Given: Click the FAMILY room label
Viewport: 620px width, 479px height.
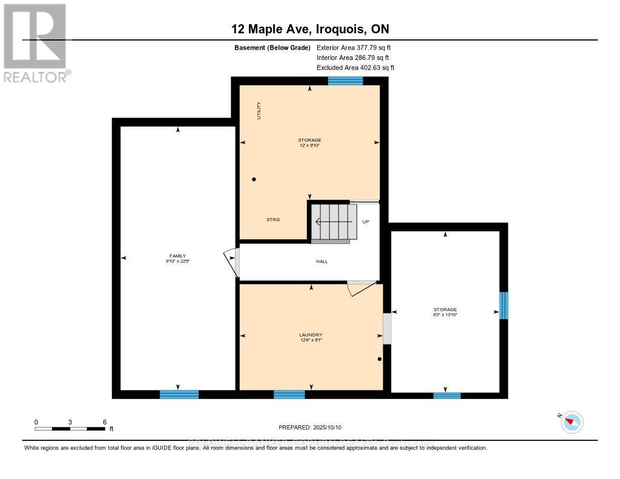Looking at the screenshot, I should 177,256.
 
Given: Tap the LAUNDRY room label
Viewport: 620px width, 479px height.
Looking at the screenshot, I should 311,335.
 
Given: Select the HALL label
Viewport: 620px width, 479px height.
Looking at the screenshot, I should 322,262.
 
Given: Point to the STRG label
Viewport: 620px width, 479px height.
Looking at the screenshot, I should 273,219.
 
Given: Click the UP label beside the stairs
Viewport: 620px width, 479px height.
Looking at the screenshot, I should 365,222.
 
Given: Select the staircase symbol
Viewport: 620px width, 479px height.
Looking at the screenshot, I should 331,222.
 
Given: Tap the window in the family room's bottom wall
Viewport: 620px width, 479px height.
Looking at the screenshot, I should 179,395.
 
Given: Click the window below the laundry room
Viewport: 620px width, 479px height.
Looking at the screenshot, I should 289,395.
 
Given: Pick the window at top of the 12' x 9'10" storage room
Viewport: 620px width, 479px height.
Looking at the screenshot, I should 345,81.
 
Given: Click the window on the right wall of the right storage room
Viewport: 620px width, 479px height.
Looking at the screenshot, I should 503,305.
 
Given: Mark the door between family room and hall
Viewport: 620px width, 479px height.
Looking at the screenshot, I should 231,262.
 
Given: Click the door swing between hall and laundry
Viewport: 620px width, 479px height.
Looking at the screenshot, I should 361,288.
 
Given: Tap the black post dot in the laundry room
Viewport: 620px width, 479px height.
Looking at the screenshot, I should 380,359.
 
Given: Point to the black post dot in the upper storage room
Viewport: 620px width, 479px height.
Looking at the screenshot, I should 254,179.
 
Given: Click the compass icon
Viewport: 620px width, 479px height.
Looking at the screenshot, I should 572,422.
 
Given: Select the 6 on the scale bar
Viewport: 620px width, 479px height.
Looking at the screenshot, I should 105,422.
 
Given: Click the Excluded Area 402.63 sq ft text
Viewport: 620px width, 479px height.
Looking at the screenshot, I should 355,68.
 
